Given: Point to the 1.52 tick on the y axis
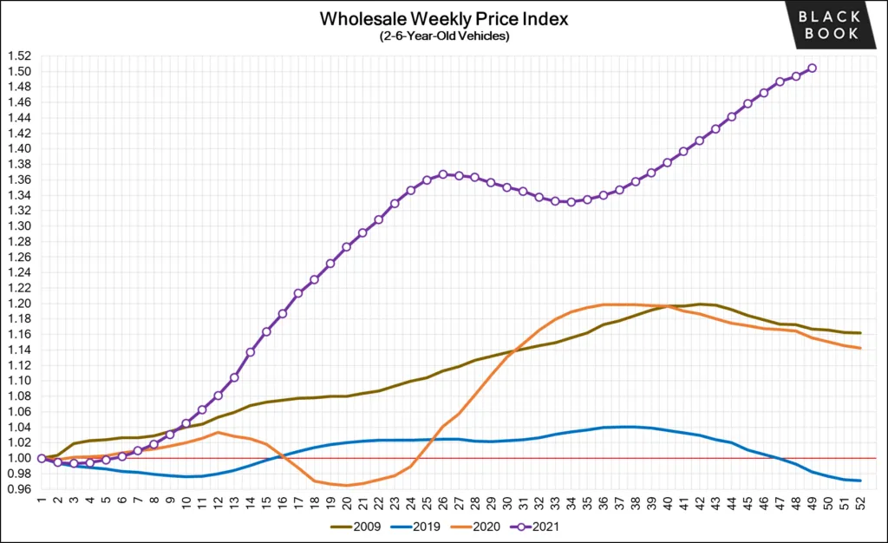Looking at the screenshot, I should tap(18, 56).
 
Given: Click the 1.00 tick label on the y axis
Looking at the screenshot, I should tap(18, 458).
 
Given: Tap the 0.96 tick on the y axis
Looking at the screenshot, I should tap(18, 489).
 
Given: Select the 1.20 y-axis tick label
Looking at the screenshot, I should tap(18, 304).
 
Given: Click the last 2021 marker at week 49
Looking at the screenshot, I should tap(812, 68).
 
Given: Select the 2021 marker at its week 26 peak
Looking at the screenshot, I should tap(443, 174).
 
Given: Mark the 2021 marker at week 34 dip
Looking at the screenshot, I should tap(571, 202).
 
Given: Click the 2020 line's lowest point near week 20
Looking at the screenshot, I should tap(347, 485).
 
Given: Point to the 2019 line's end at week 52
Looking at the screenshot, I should tap(860, 481).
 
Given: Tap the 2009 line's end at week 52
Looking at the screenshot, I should tap(860, 333).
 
